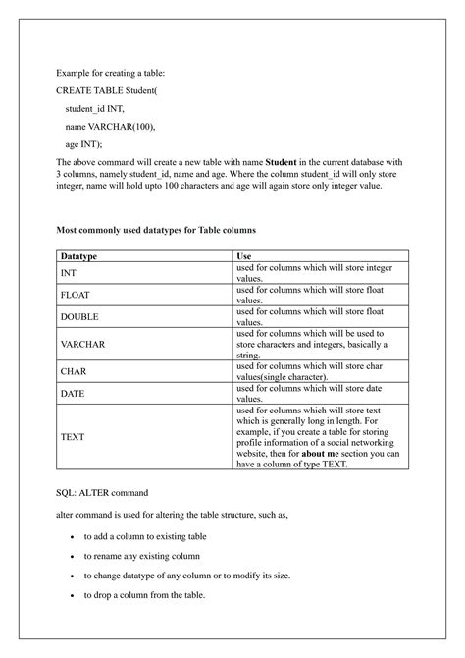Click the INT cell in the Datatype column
point(69,272)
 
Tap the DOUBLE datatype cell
point(79,317)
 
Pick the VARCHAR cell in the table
point(82,345)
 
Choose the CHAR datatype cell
point(74,372)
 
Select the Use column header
point(245,255)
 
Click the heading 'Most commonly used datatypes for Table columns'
point(157,229)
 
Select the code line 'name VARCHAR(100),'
point(110,126)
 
